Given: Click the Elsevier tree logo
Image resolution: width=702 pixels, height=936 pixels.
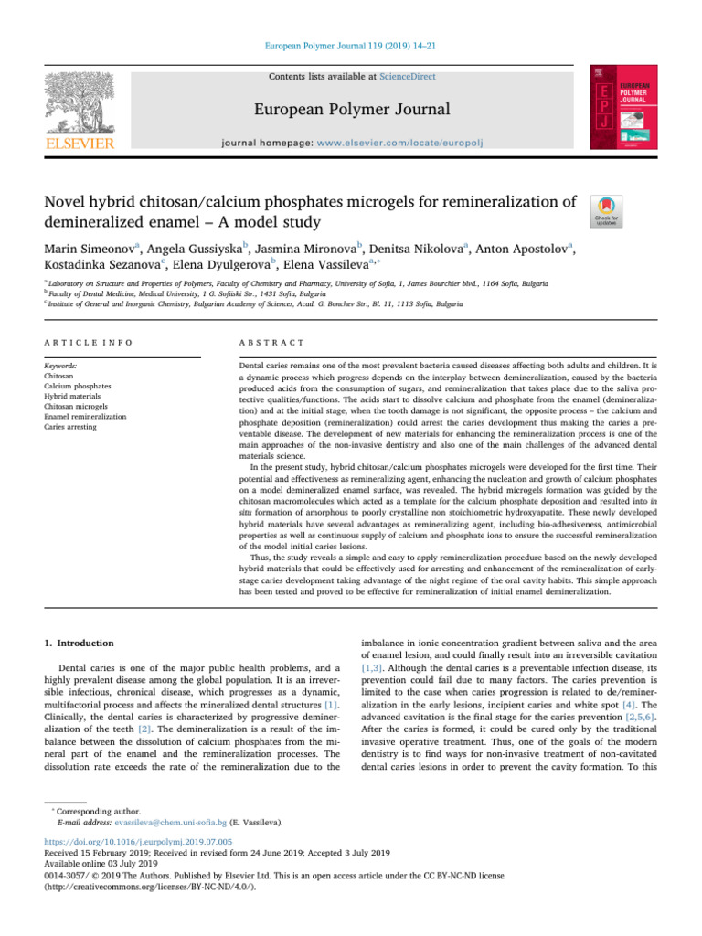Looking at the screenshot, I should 81,103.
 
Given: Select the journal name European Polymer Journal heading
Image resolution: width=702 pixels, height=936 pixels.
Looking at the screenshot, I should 351,110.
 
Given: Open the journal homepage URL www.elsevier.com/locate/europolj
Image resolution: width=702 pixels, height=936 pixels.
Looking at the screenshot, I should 409,144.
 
